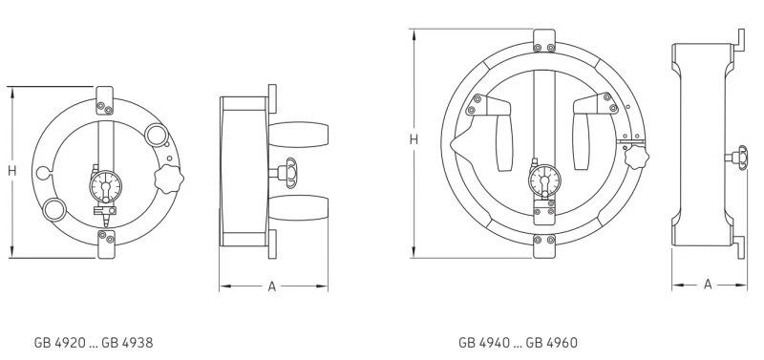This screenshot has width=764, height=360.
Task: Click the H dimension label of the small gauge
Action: [x=12, y=171]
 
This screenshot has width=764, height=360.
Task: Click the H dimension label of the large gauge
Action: [x=414, y=139]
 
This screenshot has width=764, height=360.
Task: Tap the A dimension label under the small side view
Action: [x=272, y=286]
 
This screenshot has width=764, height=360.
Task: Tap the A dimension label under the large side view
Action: [x=708, y=284]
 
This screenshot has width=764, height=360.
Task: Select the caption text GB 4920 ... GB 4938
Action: [x=94, y=343]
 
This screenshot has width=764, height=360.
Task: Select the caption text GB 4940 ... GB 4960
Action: [x=518, y=343]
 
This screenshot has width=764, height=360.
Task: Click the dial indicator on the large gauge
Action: [x=544, y=180]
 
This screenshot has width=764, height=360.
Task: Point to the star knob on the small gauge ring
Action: [x=169, y=180]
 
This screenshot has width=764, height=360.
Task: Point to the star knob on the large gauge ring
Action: [x=635, y=157]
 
